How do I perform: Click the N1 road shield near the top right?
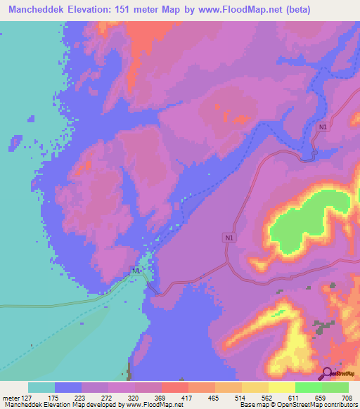tap(322, 126)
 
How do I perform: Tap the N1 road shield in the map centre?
tap(229, 238)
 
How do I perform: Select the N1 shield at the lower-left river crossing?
tap(136, 271)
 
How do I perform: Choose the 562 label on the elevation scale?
tap(267, 397)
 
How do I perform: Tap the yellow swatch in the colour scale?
tap(281, 387)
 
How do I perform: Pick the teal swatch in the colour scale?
tap(41, 387)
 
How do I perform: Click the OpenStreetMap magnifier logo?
tap(327, 374)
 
